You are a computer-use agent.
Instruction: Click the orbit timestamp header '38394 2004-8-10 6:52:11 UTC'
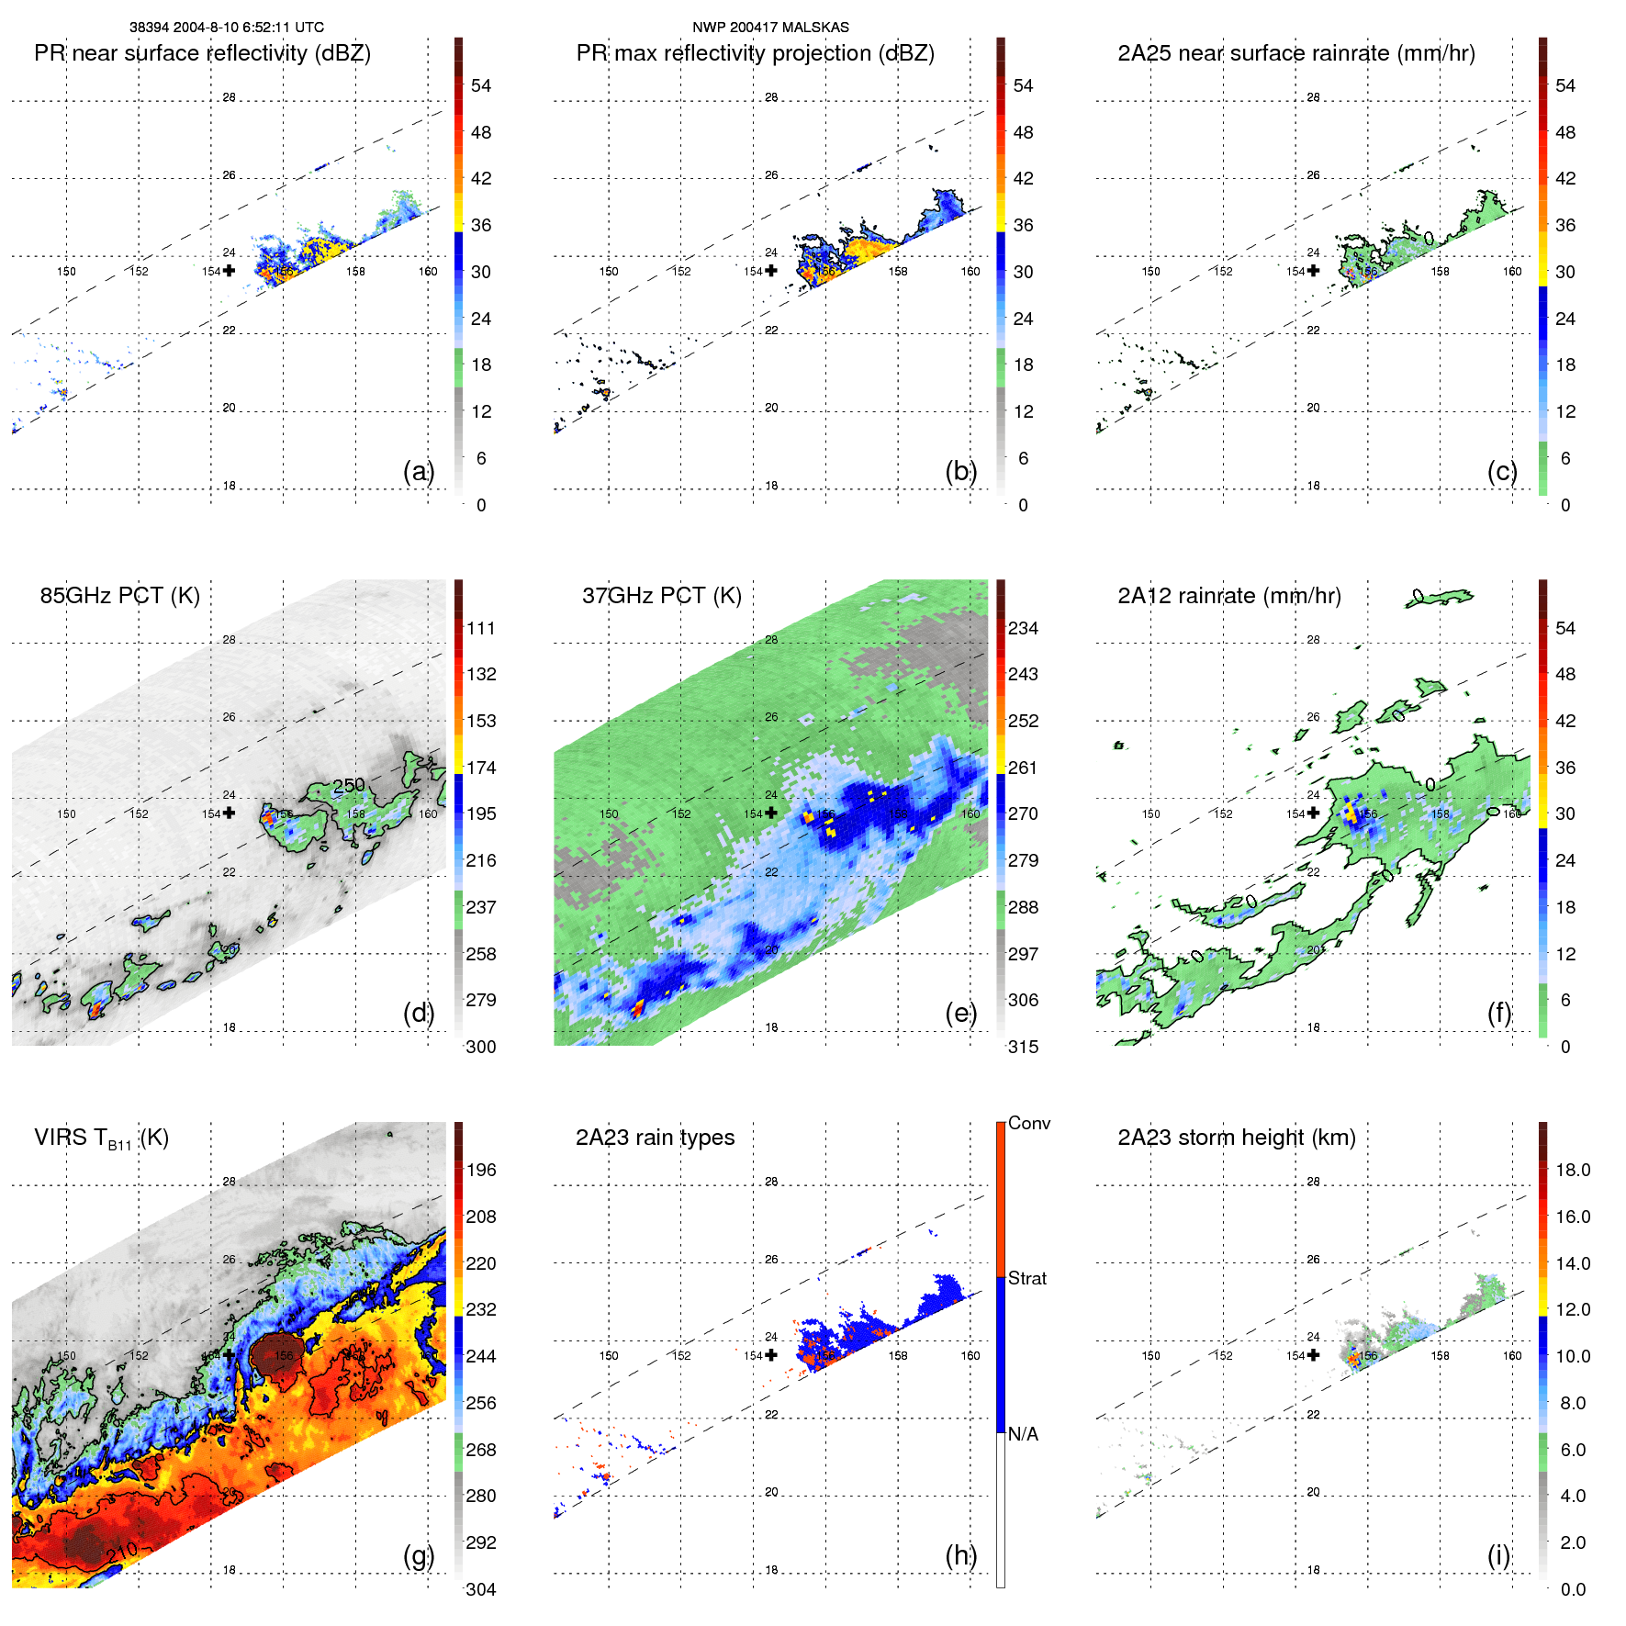tap(226, 28)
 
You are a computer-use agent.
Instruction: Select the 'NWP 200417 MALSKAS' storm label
tap(770, 28)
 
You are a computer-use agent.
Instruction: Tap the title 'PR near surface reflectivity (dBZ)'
tap(202, 53)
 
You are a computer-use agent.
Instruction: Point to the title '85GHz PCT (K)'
tap(119, 596)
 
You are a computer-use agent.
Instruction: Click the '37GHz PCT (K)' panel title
tap(661, 596)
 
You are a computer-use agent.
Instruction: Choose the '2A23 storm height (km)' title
tap(1236, 1138)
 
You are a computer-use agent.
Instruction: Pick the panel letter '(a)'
tap(418, 471)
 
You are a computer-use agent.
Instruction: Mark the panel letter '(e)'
tap(960, 1013)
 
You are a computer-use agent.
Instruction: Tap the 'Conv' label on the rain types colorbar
tap(1028, 1123)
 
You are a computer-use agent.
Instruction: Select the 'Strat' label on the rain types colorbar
tap(1026, 1278)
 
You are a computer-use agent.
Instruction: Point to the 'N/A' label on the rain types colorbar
tap(1023, 1434)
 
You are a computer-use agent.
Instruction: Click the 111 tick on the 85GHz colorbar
tap(480, 628)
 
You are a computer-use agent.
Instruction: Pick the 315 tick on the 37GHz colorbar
tap(1023, 1047)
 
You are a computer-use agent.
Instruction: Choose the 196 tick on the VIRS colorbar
tap(480, 1170)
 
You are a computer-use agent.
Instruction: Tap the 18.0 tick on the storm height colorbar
tap(1572, 1170)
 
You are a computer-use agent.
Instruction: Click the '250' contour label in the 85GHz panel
tap(349, 786)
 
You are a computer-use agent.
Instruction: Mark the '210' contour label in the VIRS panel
tap(121, 1553)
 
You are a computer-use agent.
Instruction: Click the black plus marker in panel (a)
tap(229, 271)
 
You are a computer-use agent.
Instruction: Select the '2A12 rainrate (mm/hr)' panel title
tap(1228, 596)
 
